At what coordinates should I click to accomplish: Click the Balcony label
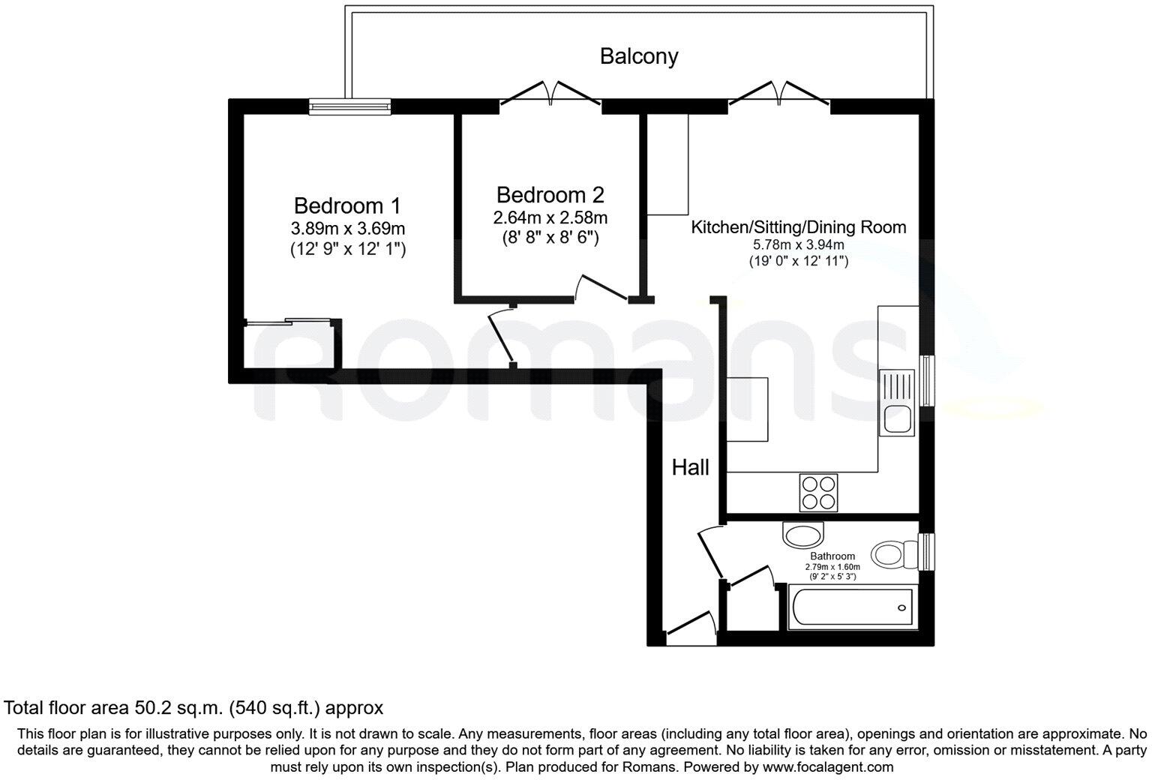tap(639, 56)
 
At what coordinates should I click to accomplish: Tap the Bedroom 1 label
tap(347, 205)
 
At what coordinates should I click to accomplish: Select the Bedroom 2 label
tap(550, 195)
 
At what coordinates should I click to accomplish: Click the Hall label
tap(690, 468)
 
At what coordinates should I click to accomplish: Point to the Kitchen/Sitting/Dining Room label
tap(798, 227)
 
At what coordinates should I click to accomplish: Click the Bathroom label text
tap(832, 556)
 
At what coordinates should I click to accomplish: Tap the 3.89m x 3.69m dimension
tap(347, 229)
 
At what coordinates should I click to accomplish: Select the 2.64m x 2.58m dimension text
tap(550, 218)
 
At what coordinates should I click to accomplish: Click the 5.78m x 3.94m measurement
tap(798, 245)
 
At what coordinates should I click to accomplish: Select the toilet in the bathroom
tap(895, 553)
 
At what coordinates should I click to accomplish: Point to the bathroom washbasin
tap(802, 535)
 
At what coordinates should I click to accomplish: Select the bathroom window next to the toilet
tap(928, 552)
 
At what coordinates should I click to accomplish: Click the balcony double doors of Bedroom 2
tap(550, 96)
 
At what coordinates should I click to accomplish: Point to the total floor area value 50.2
tap(151, 707)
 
